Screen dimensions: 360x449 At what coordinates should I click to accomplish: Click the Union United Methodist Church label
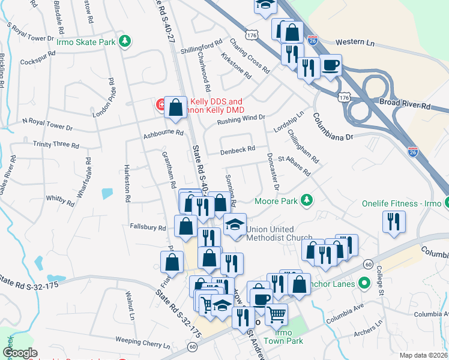tap(274, 234)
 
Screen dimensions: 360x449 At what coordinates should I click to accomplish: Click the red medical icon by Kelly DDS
tap(161, 106)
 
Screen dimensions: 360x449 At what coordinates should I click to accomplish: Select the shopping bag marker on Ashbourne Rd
tap(175, 109)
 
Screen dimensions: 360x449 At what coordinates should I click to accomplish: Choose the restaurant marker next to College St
tap(394, 222)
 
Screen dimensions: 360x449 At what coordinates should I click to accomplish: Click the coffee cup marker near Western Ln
tap(330, 65)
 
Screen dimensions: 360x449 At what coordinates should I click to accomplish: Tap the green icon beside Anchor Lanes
tap(363, 282)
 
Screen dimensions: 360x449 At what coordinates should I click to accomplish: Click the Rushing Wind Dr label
tap(241, 119)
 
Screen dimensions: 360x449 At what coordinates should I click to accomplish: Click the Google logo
tap(20, 353)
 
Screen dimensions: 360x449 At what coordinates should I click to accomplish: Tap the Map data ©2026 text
tap(423, 355)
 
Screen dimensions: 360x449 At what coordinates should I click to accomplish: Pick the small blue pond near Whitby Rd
tap(107, 194)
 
